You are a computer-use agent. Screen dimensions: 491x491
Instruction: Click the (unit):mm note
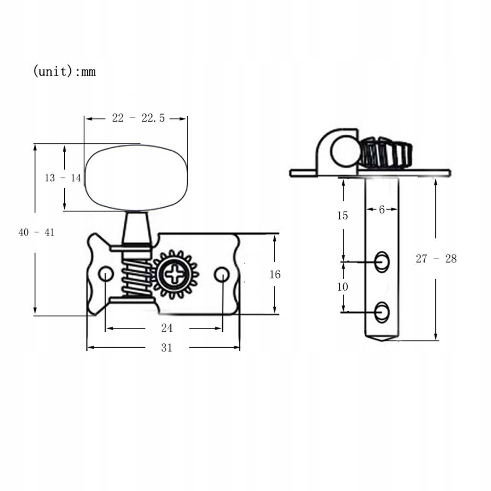pyautogui.click(x=64, y=72)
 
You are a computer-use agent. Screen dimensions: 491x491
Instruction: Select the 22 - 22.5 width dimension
pyautogui.click(x=138, y=118)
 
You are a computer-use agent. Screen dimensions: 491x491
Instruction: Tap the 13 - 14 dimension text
pyautogui.click(x=63, y=178)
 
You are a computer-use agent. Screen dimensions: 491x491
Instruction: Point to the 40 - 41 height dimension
pyautogui.click(x=36, y=233)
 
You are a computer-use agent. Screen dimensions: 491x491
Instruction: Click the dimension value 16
pyautogui.click(x=275, y=274)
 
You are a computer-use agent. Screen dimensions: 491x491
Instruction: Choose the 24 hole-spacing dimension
pyautogui.click(x=166, y=328)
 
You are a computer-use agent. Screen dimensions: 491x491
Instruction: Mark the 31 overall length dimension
pyautogui.click(x=166, y=348)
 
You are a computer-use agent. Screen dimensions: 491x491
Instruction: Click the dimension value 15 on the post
pyautogui.click(x=342, y=216)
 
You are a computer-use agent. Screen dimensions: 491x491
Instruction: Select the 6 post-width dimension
pyautogui.click(x=382, y=210)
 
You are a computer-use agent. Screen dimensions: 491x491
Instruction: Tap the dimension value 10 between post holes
pyautogui.click(x=342, y=287)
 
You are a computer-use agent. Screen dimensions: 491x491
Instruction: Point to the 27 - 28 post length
pyautogui.click(x=436, y=259)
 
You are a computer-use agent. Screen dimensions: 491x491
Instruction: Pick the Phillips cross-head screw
pyautogui.click(x=175, y=275)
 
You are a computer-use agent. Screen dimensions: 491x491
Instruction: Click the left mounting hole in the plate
pyautogui.click(x=105, y=274)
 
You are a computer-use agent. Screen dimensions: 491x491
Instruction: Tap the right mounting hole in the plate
pyautogui.click(x=222, y=274)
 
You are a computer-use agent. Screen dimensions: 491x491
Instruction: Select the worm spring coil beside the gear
pyautogui.click(x=136, y=277)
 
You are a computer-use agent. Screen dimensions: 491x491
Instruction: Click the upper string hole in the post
pyautogui.click(x=382, y=262)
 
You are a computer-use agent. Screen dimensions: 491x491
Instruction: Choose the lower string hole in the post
pyautogui.click(x=382, y=312)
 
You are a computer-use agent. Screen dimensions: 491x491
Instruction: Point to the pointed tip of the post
pyautogui.click(x=382, y=339)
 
